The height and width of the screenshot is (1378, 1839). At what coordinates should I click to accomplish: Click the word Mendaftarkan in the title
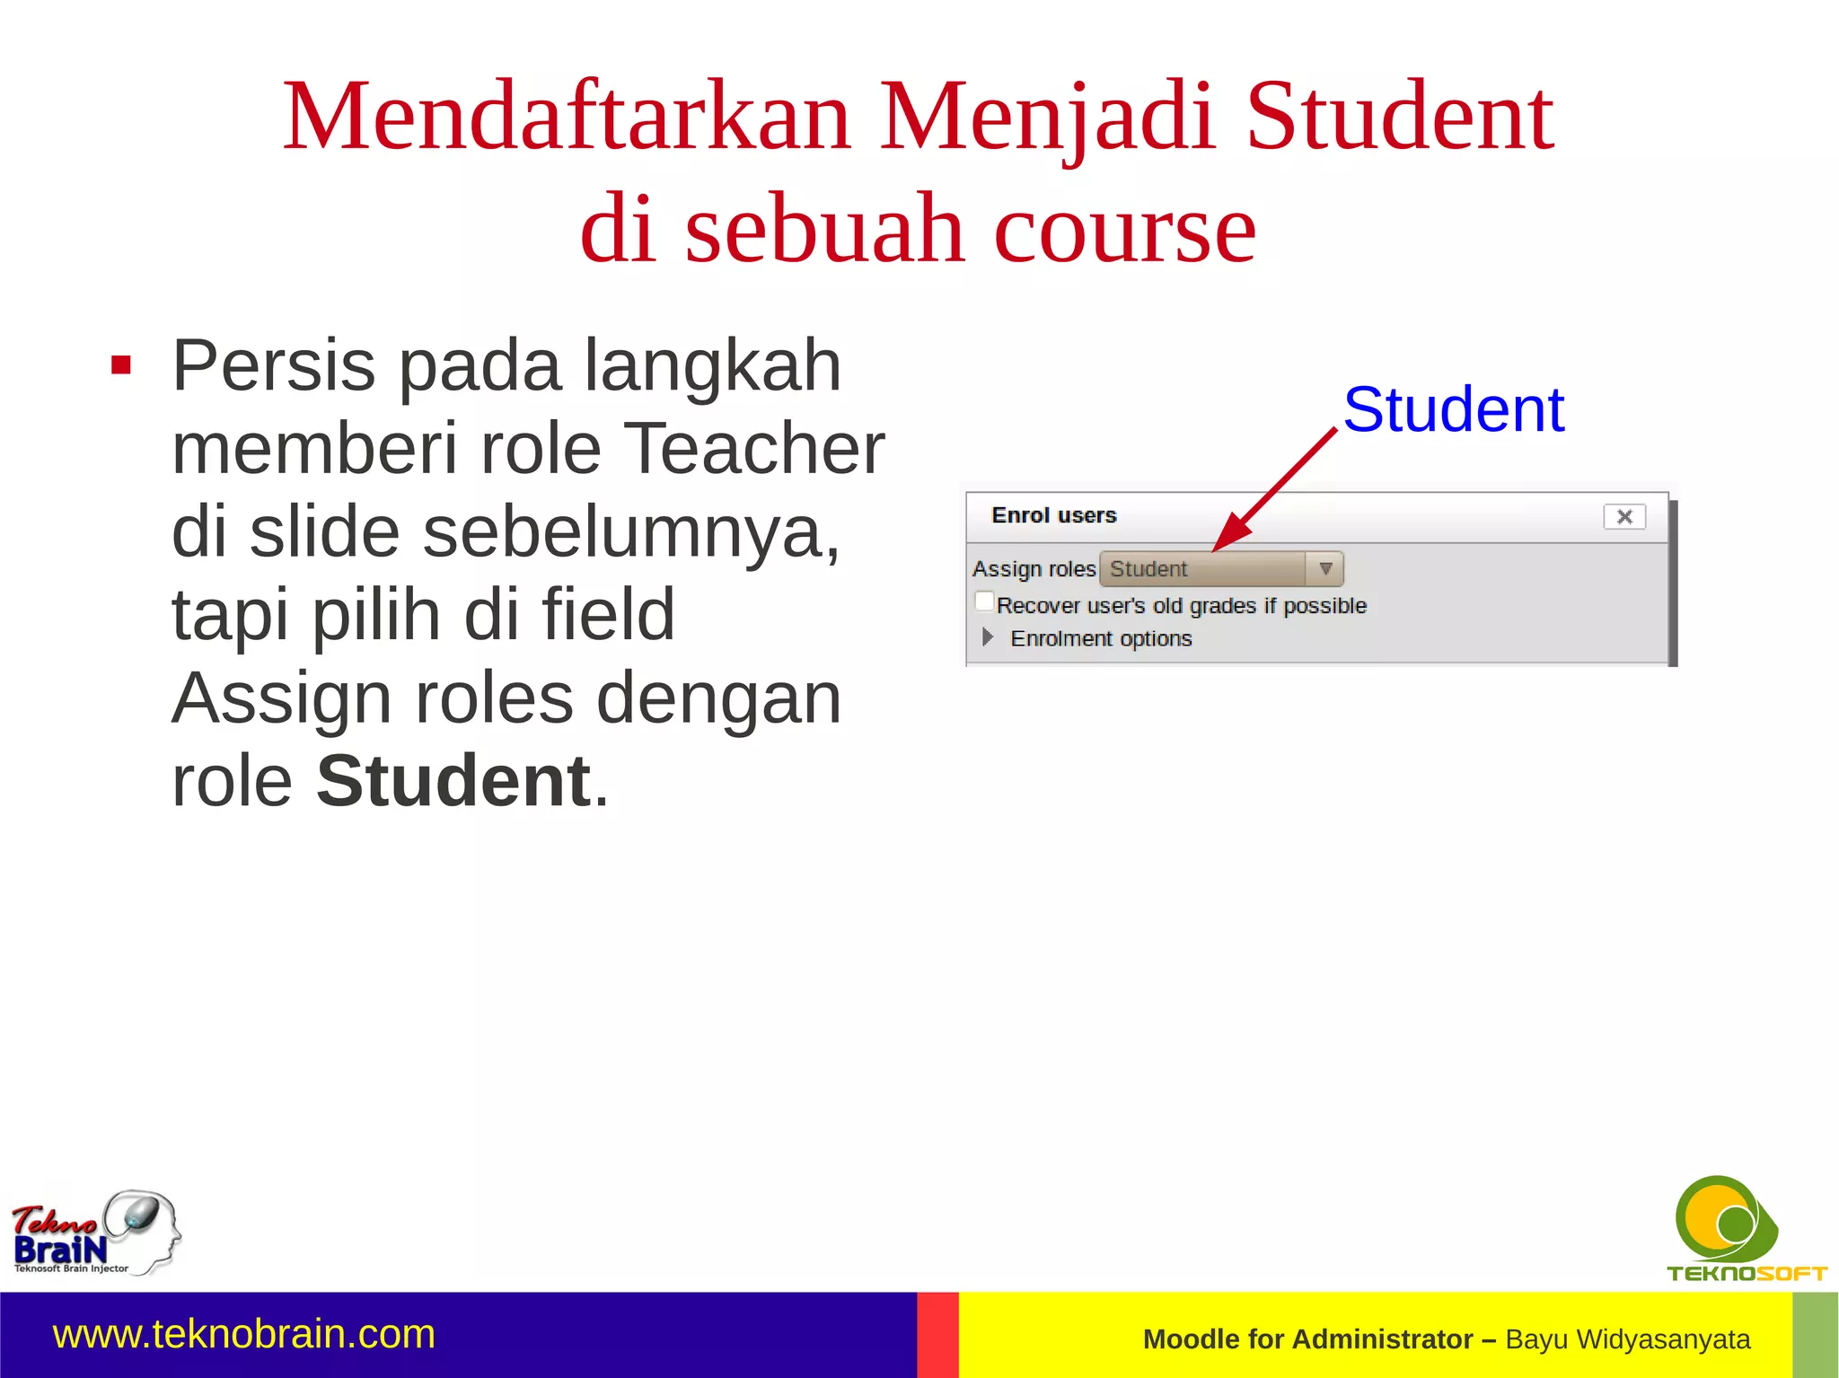[567, 118]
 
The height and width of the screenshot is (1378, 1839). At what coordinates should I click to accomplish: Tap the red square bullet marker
[121, 365]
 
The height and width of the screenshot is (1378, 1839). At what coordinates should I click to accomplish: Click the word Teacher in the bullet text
[753, 448]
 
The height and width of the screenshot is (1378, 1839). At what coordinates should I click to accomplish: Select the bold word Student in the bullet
[453, 780]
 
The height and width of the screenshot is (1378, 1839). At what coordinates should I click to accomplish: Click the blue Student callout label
[1453, 409]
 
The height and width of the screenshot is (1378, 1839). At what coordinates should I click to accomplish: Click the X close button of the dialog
[1623, 516]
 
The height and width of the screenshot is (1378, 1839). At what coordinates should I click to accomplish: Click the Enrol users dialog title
[1053, 515]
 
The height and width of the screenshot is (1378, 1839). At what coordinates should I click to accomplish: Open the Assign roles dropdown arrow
[1324, 568]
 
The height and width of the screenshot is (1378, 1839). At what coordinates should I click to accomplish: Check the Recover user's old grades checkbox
[985, 601]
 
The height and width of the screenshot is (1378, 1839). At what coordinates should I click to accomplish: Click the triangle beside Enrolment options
[988, 637]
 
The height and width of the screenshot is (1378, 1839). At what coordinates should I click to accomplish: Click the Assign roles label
[1034, 569]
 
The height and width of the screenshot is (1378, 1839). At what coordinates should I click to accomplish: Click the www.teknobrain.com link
[243, 1334]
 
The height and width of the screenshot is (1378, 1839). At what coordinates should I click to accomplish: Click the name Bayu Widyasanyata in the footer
[1627, 1339]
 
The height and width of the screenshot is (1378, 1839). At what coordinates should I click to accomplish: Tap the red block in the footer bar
[937, 1335]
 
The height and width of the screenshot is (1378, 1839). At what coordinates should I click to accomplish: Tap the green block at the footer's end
[1815, 1335]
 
